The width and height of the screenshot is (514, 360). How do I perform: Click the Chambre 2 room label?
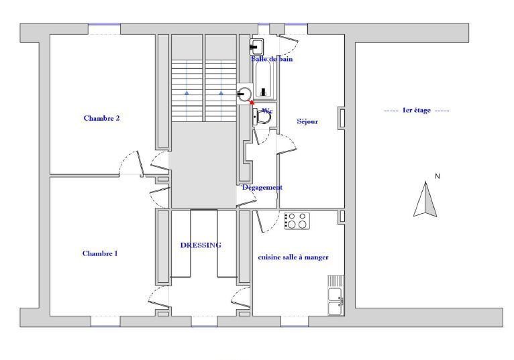point(101,118)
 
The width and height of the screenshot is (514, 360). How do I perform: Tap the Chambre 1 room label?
point(100,253)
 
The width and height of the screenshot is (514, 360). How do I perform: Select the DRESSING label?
point(201,245)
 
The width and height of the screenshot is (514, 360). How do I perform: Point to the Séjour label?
point(307,121)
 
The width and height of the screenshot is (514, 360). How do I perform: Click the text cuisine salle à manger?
point(293,257)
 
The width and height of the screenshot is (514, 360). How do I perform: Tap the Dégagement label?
point(262,187)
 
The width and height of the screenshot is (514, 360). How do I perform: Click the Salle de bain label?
point(272,59)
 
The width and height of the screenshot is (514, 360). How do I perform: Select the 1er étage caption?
point(416,111)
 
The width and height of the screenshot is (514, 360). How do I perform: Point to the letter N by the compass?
point(438,176)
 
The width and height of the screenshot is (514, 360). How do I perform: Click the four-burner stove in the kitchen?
point(297,221)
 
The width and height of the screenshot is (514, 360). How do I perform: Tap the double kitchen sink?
point(336,295)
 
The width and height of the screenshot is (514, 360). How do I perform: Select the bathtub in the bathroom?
point(264,80)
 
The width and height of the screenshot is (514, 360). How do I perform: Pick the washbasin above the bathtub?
point(257,47)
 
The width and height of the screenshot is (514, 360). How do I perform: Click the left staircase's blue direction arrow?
point(187,93)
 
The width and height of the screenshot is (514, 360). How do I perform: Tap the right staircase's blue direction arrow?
point(221,93)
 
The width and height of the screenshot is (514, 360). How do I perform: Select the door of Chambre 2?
point(132,164)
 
